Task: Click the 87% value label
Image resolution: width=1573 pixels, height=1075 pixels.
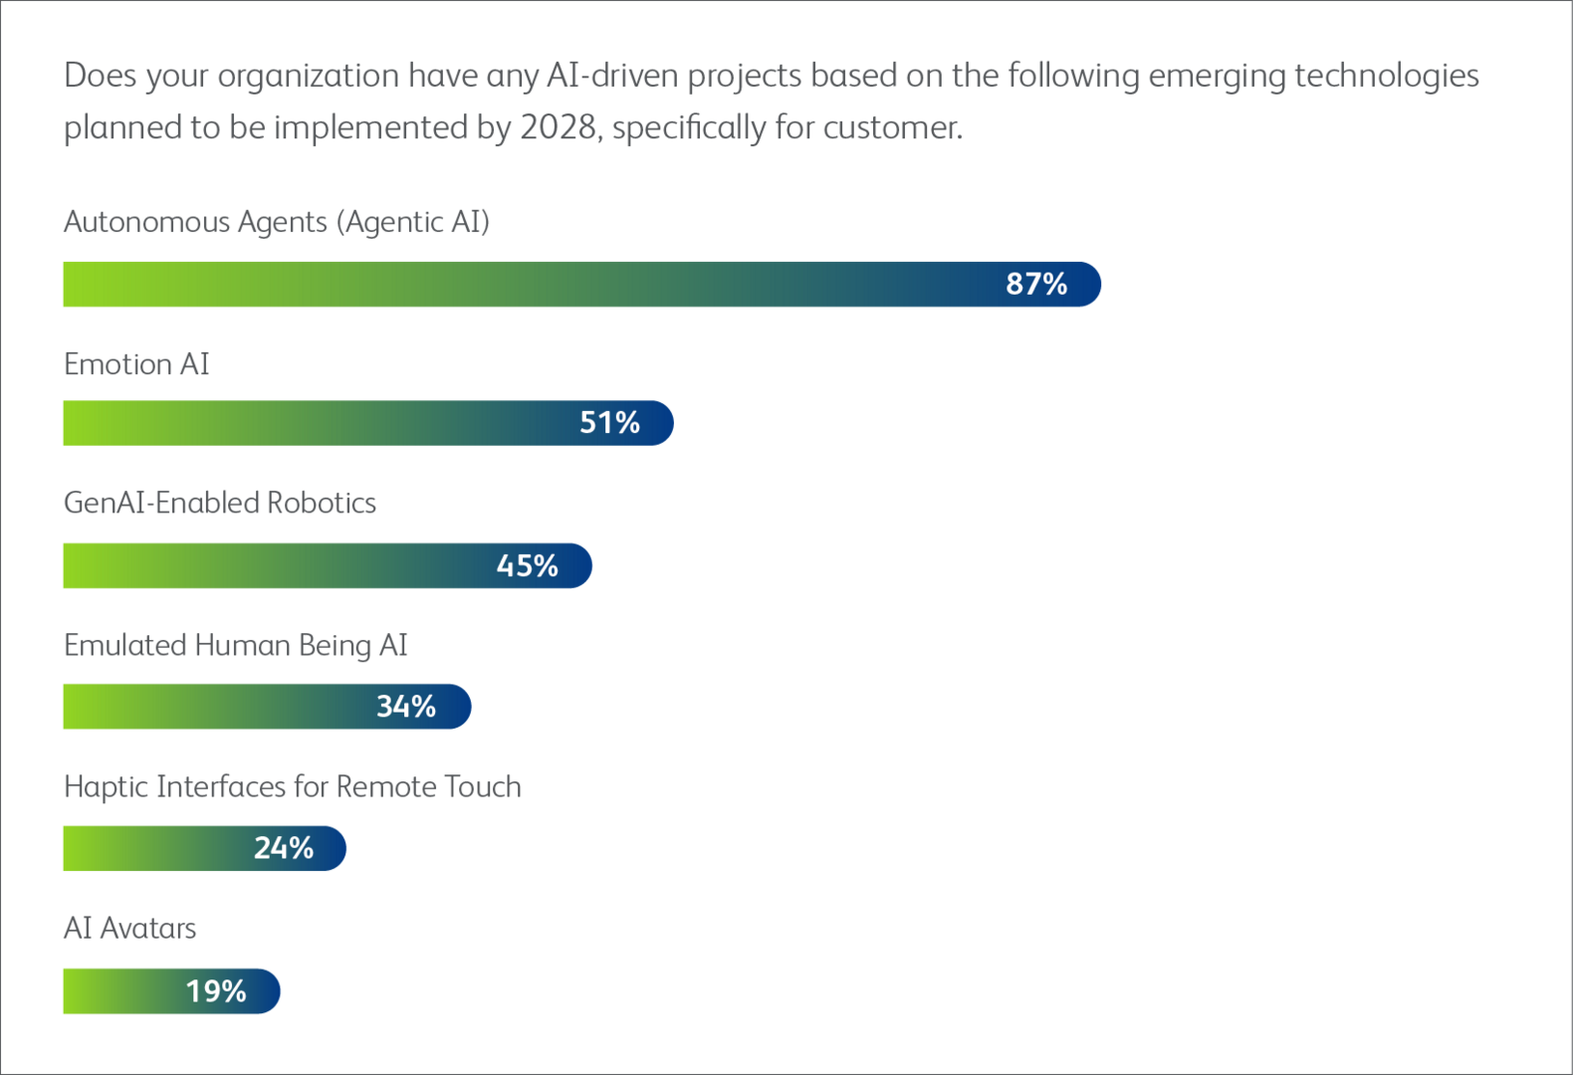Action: (1035, 284)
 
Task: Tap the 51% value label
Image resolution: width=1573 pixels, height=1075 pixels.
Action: (609, 423)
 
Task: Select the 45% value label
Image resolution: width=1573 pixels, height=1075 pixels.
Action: (527, 565)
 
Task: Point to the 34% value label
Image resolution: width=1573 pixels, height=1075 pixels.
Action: (405, 707)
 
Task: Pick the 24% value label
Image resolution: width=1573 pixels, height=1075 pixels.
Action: (283, 848)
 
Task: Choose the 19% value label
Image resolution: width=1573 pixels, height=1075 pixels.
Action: (215, 991)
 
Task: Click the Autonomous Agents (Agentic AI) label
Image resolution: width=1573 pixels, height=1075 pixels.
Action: (276, 222)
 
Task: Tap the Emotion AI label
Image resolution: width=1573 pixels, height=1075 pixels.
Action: (136, 364)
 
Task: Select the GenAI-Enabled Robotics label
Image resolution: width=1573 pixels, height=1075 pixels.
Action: (220, 503)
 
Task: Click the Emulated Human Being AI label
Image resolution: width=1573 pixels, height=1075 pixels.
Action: (235, 645)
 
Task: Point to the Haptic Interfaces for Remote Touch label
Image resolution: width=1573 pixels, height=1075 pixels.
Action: (292, 787)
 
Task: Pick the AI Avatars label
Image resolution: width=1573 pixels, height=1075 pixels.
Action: (129, 929)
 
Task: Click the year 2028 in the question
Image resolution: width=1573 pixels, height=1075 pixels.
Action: (559, 128)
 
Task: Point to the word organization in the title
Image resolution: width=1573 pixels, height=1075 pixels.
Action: (308, 77)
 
